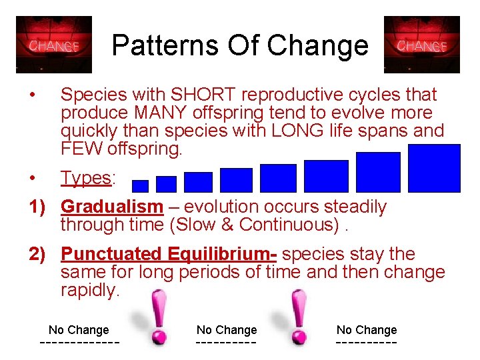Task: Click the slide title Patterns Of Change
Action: pyautogui.click(x=240, y=45)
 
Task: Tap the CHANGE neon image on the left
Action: pyautogui.click(x=54, y=45)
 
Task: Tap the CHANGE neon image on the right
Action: pyautogui.click(x=422, y=45)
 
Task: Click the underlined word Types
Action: pyautogui.click(x=86, y=178)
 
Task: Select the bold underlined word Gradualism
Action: pyautogui.click(x=111, y=207)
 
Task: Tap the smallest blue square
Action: pyautogui.click(x=141, y=186)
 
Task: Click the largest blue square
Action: pyautogui.click(x=434, y=168)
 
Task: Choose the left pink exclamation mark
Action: pyautogui.click(x=158, y=318)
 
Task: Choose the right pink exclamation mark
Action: pyautogui.click(x=298, y=318)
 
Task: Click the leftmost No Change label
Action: pyautogui.click(x=79, y=329)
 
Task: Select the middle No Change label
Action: pyautogui.click(x=227, y=329)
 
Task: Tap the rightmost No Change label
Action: pyautogui.click(x=367, y=329)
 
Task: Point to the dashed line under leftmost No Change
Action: pyautogui.click(x=80, y=343)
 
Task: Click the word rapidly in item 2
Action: pyautogui.click(x=89, y=291)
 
